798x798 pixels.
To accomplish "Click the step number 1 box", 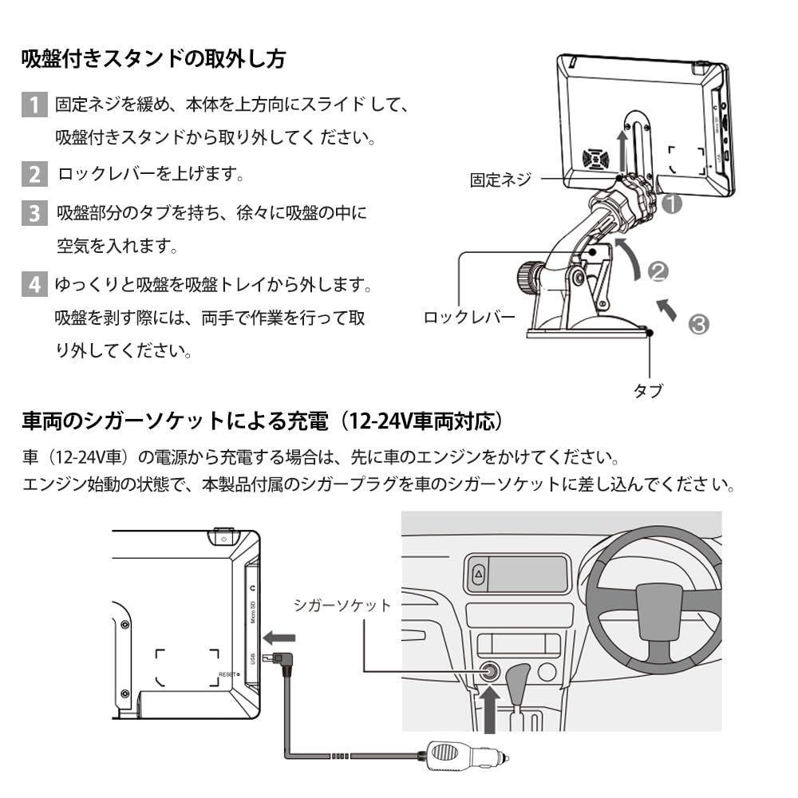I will click(x=34, y=105).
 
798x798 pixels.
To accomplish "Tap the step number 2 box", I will click(x=34, y=173).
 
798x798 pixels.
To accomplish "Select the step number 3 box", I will click(x=34, y=213).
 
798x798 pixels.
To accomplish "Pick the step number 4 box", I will click(x=34, y=284).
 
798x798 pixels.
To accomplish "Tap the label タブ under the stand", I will click(x=647, y=390).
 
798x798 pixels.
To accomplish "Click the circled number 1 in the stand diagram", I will click(x=672, y=203).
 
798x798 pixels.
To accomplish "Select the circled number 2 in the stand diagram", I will click(x=658, y=272).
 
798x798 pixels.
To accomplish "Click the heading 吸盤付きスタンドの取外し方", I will click(x=153, y=59).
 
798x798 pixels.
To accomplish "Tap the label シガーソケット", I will click(x=342, y=605).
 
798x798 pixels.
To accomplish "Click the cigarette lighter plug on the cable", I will click(x=462, y=753).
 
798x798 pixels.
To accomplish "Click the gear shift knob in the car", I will click(x=519, y=674).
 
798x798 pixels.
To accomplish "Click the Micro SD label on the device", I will click(x=252, y=613).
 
